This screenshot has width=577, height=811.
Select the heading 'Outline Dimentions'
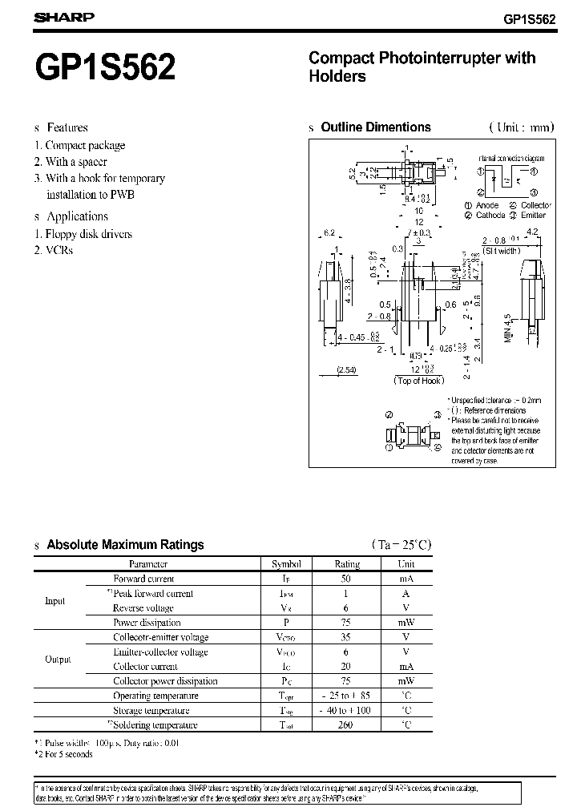click(375, 127)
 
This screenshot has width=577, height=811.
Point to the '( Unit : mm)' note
click(520, 127)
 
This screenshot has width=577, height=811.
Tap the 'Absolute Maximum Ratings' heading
click(125, 545)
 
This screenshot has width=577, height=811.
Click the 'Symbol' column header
click(286, 563)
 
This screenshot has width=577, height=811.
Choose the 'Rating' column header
click(347, 563)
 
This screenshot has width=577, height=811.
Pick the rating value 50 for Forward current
click(347, 579)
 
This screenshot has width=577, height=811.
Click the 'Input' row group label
click(55, 601)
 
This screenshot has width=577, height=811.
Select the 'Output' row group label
click(58, 660)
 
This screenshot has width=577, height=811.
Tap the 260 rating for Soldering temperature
click(347, 725)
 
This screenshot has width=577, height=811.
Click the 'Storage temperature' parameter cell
click(151, 711)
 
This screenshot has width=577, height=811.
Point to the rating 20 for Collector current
click(347, 667)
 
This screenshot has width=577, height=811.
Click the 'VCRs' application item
click(59, 250)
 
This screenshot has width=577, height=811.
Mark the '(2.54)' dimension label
click(346, 369)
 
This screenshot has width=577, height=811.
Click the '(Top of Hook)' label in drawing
click(418, 381)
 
